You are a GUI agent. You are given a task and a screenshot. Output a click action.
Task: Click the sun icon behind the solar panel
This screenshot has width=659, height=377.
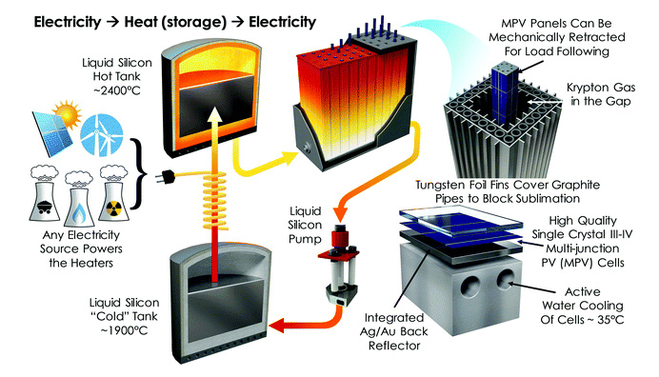68,113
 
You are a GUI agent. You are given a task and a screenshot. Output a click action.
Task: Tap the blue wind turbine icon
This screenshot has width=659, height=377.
101,134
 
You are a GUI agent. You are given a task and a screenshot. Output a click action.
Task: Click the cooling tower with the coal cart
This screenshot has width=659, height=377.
45,193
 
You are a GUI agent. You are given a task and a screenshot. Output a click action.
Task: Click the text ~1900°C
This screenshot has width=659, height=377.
125,330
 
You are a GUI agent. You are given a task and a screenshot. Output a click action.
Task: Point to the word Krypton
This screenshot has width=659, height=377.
587,88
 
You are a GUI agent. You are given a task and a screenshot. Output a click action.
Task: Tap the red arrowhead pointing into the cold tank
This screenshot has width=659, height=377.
276,326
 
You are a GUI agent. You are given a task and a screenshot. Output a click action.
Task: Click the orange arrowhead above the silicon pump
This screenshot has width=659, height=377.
339,214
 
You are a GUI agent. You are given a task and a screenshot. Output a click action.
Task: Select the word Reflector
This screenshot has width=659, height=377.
394,346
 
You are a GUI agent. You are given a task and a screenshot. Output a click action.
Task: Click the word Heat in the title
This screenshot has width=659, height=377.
140,22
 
